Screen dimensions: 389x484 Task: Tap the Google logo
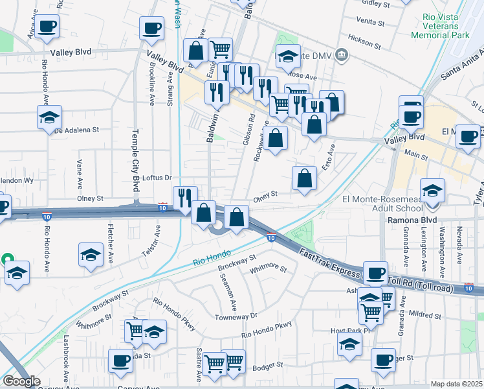(21, 381)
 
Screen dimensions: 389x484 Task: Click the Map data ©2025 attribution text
(456, 384)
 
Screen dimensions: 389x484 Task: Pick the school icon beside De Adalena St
(49, 118)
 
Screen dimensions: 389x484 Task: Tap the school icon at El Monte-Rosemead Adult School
(432, 191)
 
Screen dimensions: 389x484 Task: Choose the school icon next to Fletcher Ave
(91, 254)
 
